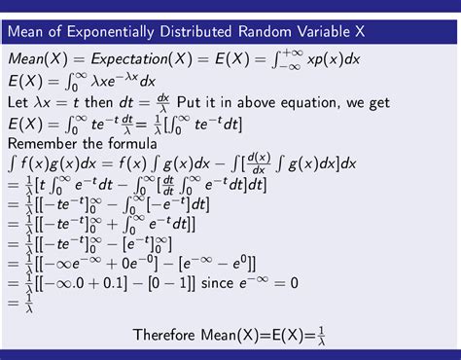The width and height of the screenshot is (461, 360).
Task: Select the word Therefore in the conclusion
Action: [170, 337]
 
